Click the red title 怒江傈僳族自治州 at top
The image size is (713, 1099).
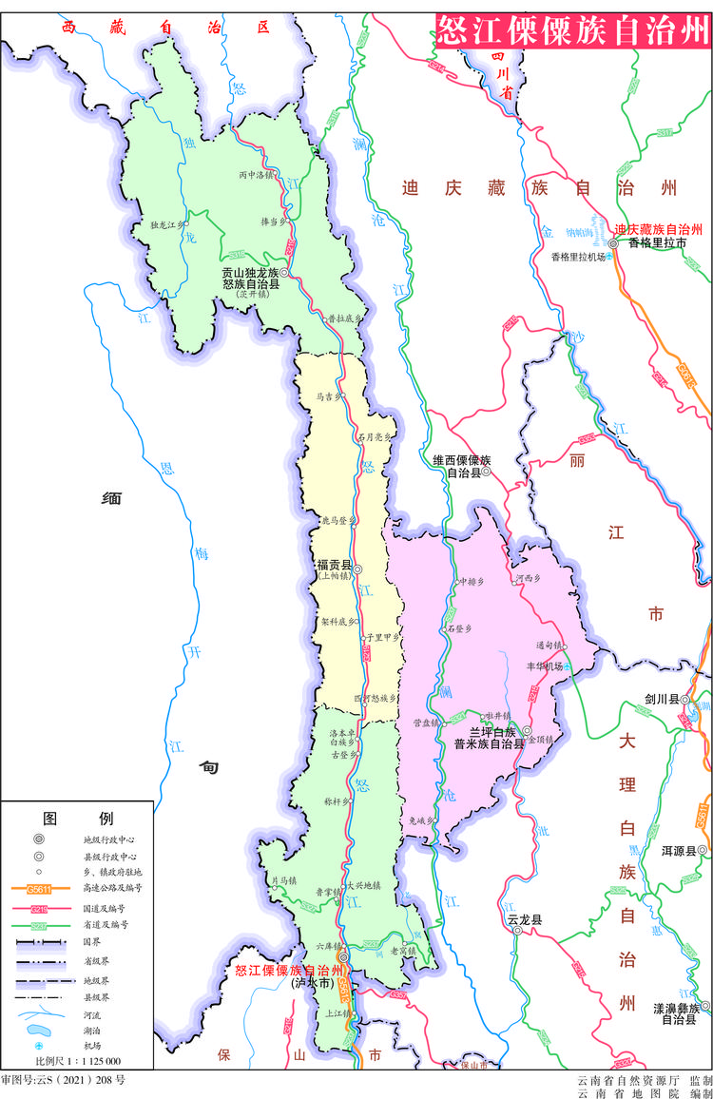pyautogui.click(x=572, y=30)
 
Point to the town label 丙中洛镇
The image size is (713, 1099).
pyautogui.click(x=256, y=175)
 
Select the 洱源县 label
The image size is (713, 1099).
pyautogui.click(x=679, y=850)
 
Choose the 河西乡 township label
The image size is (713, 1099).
pyautogui.click(x=528, y=578)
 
